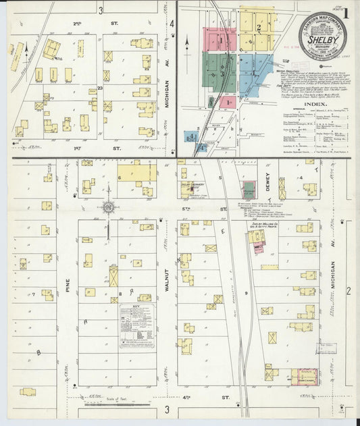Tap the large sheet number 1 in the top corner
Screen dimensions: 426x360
point(346,11)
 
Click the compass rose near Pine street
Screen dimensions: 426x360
point(107,207)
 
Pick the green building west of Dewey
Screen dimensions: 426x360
point(249,190)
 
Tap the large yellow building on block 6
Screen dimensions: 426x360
point(136,173)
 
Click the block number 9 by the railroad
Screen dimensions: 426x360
point(246,293)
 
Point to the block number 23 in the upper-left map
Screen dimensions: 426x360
point(99,88)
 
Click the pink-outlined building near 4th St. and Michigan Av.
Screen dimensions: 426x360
point(305,377)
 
